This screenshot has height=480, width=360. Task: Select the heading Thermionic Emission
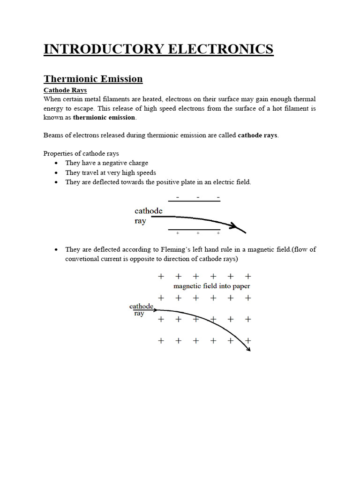(x=93, y=79)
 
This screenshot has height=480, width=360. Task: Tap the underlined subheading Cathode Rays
(x=65, y=90)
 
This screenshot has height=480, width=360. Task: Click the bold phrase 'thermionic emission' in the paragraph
(x=104, y=117)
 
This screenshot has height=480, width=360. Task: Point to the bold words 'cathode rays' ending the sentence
(x=257, y=135)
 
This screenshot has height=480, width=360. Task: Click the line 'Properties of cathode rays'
(x=81, y=154)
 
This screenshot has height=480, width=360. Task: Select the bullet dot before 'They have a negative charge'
(x=56, y=163)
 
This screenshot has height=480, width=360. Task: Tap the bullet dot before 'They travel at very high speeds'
(x=56, y=173)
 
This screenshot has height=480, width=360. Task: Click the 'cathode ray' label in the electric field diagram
(x=148, y=216)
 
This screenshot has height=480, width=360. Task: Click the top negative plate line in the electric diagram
(x=194, y=201)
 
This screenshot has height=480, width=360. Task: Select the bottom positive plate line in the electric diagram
(x=194, y=230)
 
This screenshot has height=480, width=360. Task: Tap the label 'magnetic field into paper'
(x=211, y=286)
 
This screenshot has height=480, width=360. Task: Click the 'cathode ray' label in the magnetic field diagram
(x=141, y=310)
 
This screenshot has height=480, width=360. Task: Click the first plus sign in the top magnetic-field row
(x=161, y=277)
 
